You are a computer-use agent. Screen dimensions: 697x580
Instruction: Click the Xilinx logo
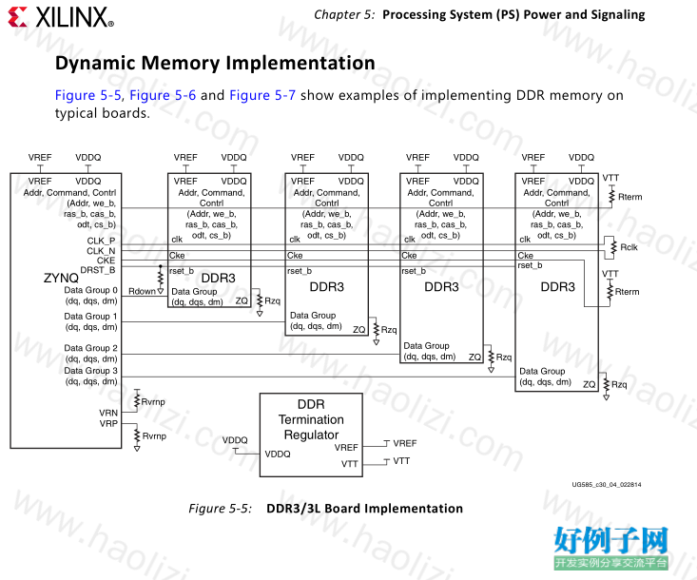tap(61, 17)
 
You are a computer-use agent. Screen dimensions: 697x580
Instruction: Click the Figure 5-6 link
tap(163, 95)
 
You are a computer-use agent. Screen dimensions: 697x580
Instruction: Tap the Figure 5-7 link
tap(262, 95)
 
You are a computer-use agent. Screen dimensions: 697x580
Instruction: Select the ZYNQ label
tap(61, 278)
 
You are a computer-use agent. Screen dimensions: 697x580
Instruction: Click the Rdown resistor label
tap(142, 291)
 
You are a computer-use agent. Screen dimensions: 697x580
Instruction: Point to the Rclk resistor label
tap(629, 247)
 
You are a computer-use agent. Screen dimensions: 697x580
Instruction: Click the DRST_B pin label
tap(97, 270)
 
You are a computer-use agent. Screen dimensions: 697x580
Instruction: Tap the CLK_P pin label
tap(101, 241)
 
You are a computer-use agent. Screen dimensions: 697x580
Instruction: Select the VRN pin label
tap(108, 413)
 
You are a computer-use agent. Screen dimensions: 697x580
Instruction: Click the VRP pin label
tap(108, 423)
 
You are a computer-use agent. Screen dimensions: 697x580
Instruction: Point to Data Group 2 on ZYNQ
tap(90, 348)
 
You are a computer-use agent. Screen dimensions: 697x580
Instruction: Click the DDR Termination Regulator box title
tap(311, 419)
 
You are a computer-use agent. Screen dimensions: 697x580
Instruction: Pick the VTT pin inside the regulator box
tap(349, 464)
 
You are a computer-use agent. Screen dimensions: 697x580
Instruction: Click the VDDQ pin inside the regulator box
tap(278, 454)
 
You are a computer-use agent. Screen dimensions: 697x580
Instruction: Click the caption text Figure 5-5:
tap(221, 509)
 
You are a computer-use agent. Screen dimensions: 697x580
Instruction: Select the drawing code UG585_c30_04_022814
tap(607, 485)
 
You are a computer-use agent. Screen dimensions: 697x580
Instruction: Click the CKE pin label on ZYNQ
tap(106, 261)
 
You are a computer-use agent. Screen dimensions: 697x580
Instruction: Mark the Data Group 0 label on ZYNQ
tap(90, 290)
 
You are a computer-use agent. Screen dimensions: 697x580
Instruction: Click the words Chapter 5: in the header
tap(344, 14)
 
